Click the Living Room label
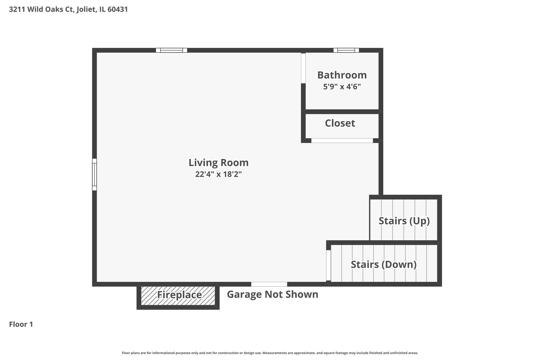coord(218,163)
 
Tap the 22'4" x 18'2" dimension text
coord(218,174)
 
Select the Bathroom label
coord(342,75)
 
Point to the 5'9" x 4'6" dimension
coord(342,87)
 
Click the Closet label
coord(340,123)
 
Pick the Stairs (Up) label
coord(404,221)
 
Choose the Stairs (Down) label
coord(384,265)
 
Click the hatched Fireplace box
coord(178,296)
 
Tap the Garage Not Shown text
coord(272,294)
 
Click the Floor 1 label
coord(21,324)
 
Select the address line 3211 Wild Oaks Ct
coord(41,9)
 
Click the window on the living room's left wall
coord(95,175)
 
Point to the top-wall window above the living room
coord(171,50)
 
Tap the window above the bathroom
coord(346,50)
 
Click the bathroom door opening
coord(303,68)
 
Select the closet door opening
coord(342,141)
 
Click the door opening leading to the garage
coord(269,284)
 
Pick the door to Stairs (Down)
coord(328,265)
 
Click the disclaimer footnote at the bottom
coord(270,353)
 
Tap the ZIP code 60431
coord(118,9)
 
